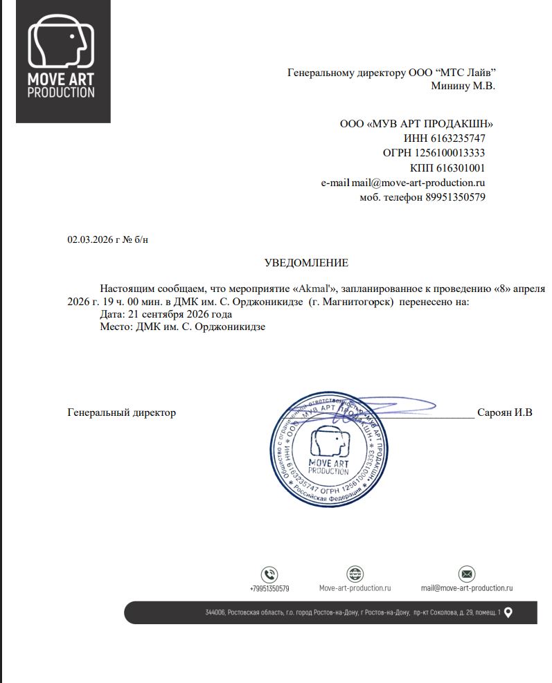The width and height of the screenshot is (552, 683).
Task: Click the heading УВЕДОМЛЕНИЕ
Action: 306,263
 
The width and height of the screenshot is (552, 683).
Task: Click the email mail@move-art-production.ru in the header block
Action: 418,183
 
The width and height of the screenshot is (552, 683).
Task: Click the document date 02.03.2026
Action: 89,239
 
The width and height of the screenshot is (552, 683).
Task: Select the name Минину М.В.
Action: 463,86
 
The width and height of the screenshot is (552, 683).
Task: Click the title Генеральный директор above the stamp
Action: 121,412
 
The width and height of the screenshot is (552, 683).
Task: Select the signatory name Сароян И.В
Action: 504,413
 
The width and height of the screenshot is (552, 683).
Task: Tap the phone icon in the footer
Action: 269,574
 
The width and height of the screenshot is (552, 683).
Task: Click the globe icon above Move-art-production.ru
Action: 355,574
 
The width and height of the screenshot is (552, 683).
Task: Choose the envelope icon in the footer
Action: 467,574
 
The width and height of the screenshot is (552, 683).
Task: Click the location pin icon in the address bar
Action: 508,612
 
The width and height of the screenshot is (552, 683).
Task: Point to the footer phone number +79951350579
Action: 269,588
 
